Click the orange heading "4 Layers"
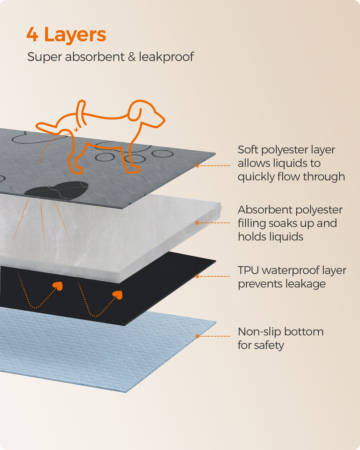[x=66, y=35]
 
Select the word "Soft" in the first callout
[x=248, y=150]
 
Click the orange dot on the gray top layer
[x=197, y=166]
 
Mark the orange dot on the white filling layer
[x=197, y=223]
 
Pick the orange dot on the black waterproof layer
[x=197, y=276]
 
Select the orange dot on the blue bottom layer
[x=197, y=336]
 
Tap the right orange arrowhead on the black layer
[x=117, y=295]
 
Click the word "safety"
[x=269, y=345]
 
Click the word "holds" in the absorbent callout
[x=252, y=237]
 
